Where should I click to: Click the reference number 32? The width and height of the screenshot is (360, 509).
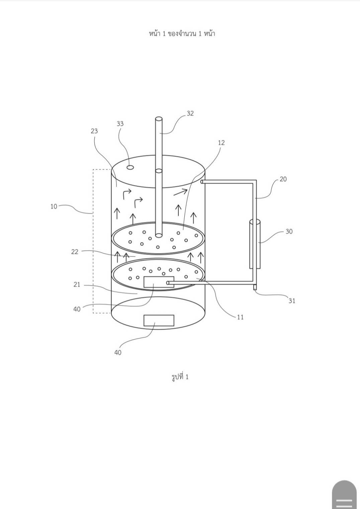tap(190, 113)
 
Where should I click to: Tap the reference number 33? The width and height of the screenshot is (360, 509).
tap(120, 124)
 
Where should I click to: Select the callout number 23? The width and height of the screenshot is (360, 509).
tap(94, 131)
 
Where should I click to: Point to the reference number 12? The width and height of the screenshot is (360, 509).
tap(221, 143)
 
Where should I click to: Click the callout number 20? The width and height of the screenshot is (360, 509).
tap(283, 179)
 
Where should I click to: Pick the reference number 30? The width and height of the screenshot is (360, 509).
tap(289, 231)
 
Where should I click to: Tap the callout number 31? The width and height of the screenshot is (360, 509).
tap(292, 301)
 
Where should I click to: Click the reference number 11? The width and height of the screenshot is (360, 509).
tap(240, 317)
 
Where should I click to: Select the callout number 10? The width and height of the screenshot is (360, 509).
tap(54, 206)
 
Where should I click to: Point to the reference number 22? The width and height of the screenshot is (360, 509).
tap(75, 252)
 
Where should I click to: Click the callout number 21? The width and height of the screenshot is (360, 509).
tap(77, 285)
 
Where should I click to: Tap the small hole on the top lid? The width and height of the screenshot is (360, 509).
tap(130, 167)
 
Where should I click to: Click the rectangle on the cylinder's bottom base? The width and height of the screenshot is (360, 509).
tap(159, 320)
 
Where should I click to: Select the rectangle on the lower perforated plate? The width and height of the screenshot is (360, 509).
tap(159, 282)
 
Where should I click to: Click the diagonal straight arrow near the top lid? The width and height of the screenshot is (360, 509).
tap(180, 192)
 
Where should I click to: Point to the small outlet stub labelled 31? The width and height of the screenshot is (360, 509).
tap(255, 287)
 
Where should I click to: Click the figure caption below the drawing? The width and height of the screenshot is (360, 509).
tap(180, 377)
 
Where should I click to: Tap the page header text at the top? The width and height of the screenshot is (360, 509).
tap(182, 33)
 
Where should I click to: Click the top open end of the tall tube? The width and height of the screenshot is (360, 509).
tap(159, 119)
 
